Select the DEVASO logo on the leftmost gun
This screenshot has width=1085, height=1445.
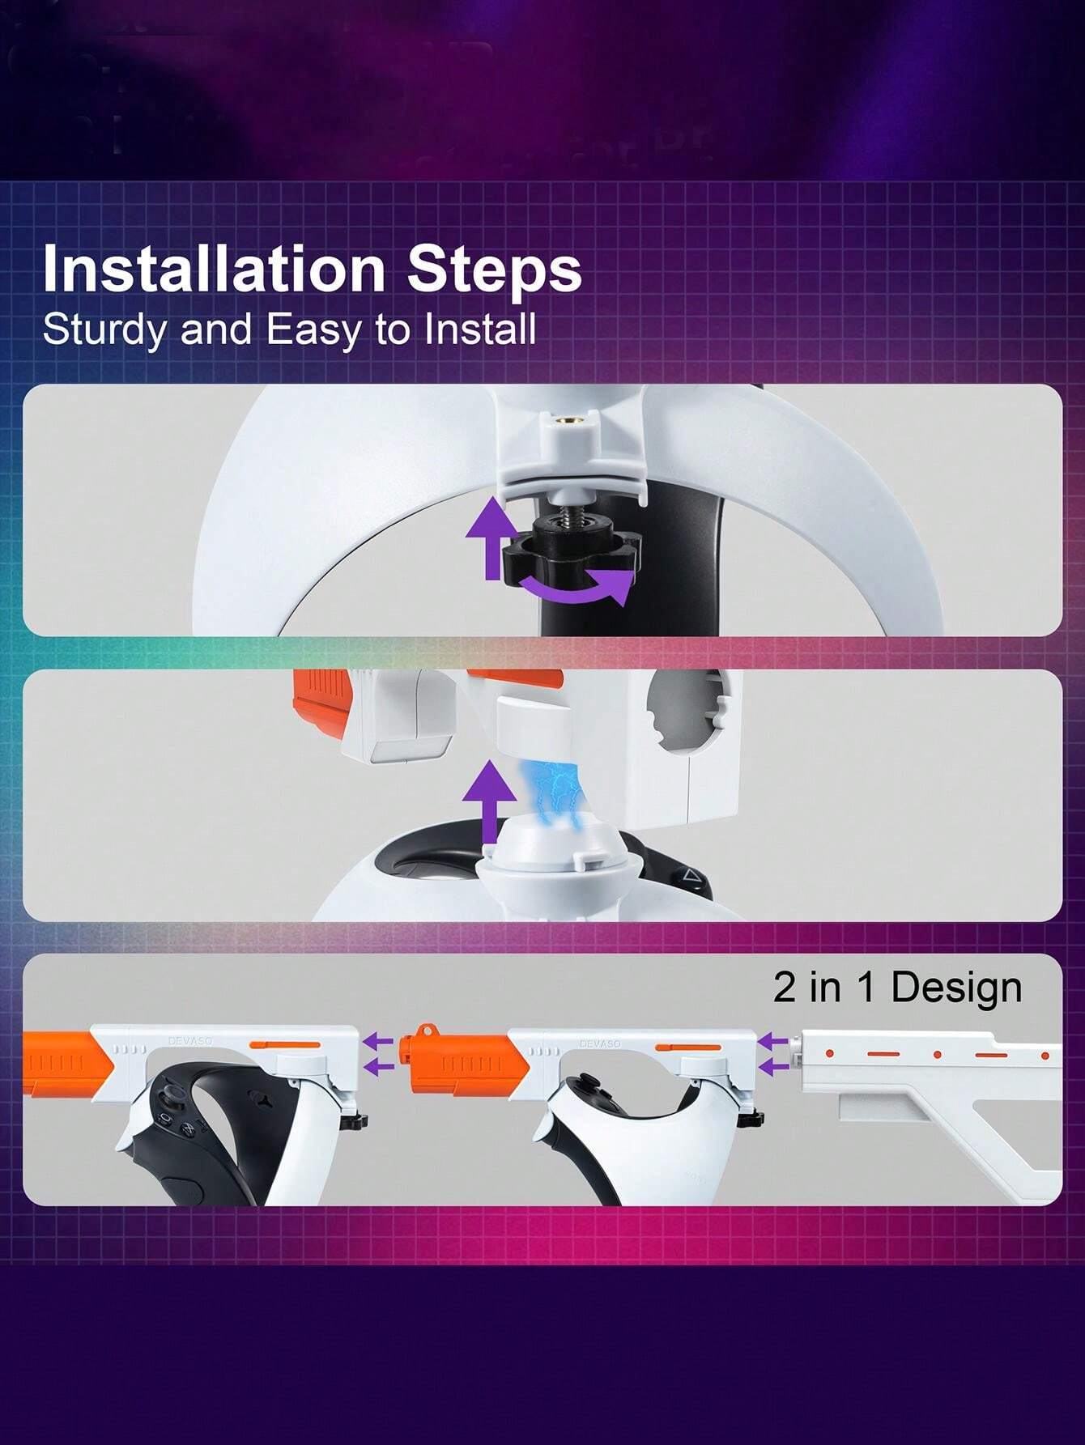tap(189, 1042)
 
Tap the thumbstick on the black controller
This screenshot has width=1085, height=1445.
tap(171, 1099)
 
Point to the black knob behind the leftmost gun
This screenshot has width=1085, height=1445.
tap(356, 1121)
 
